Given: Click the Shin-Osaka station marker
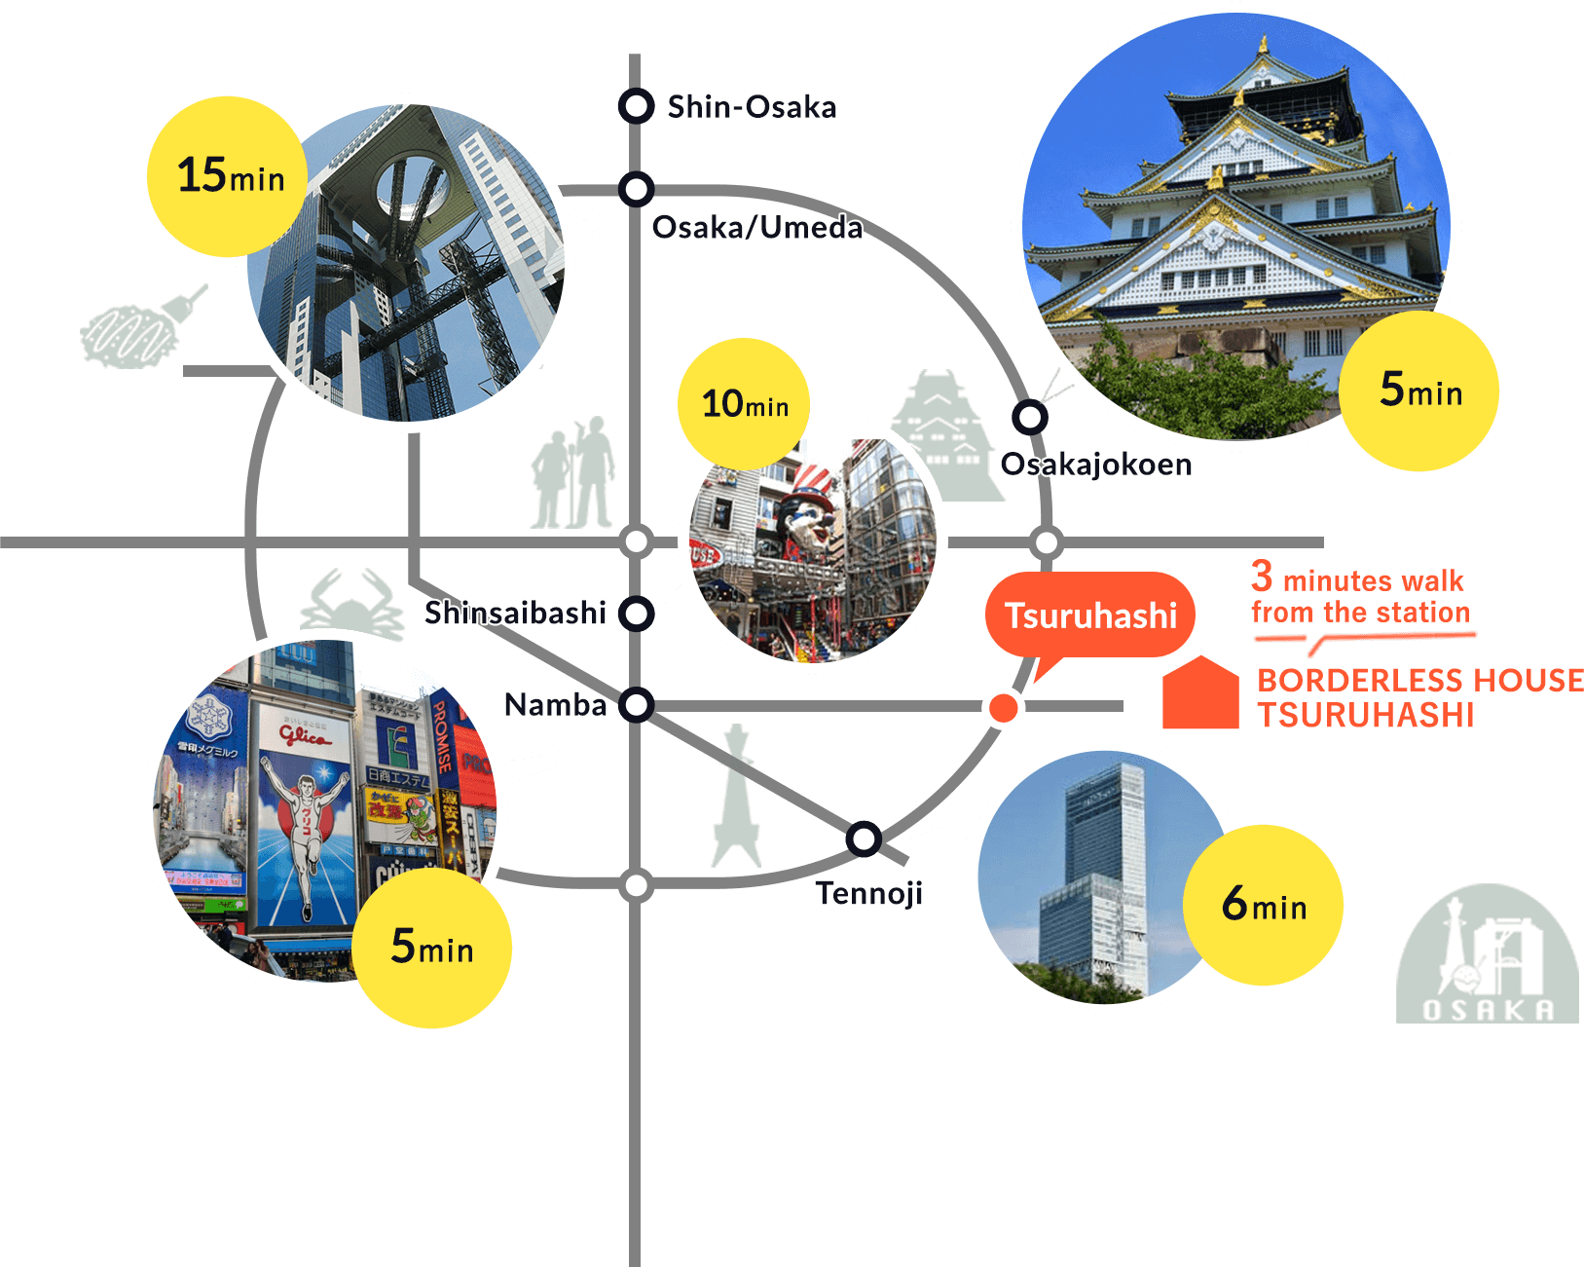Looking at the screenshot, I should click(x=636, y=105).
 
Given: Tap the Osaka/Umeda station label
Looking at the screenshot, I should click(x=756, y=228).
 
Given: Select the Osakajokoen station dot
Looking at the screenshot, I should click(x=1029, y=417).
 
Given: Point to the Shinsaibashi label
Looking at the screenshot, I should click(x=515, y=613).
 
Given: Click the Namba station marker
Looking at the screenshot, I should click(x=636, y=704).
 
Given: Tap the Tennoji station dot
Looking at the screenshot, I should click(x=863, y=838).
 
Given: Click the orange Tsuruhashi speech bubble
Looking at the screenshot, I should click(x=1090, y=615).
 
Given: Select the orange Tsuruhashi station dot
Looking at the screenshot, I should click(x=1003, y=708).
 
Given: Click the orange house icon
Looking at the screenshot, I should click(x=1200, y=693).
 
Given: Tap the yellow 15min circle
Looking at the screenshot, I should click(x=228, y=177).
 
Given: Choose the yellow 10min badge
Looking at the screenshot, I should click(x=745, y=403).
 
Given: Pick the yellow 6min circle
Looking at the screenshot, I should click(x=1264, y=905).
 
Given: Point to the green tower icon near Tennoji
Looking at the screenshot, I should click(x=736, y=799).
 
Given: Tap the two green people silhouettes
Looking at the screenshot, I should click(x=573, y=474).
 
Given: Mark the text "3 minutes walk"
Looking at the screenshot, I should click(x=1357, y=579).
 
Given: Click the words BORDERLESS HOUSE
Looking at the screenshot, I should click(x=1419, y=680).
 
